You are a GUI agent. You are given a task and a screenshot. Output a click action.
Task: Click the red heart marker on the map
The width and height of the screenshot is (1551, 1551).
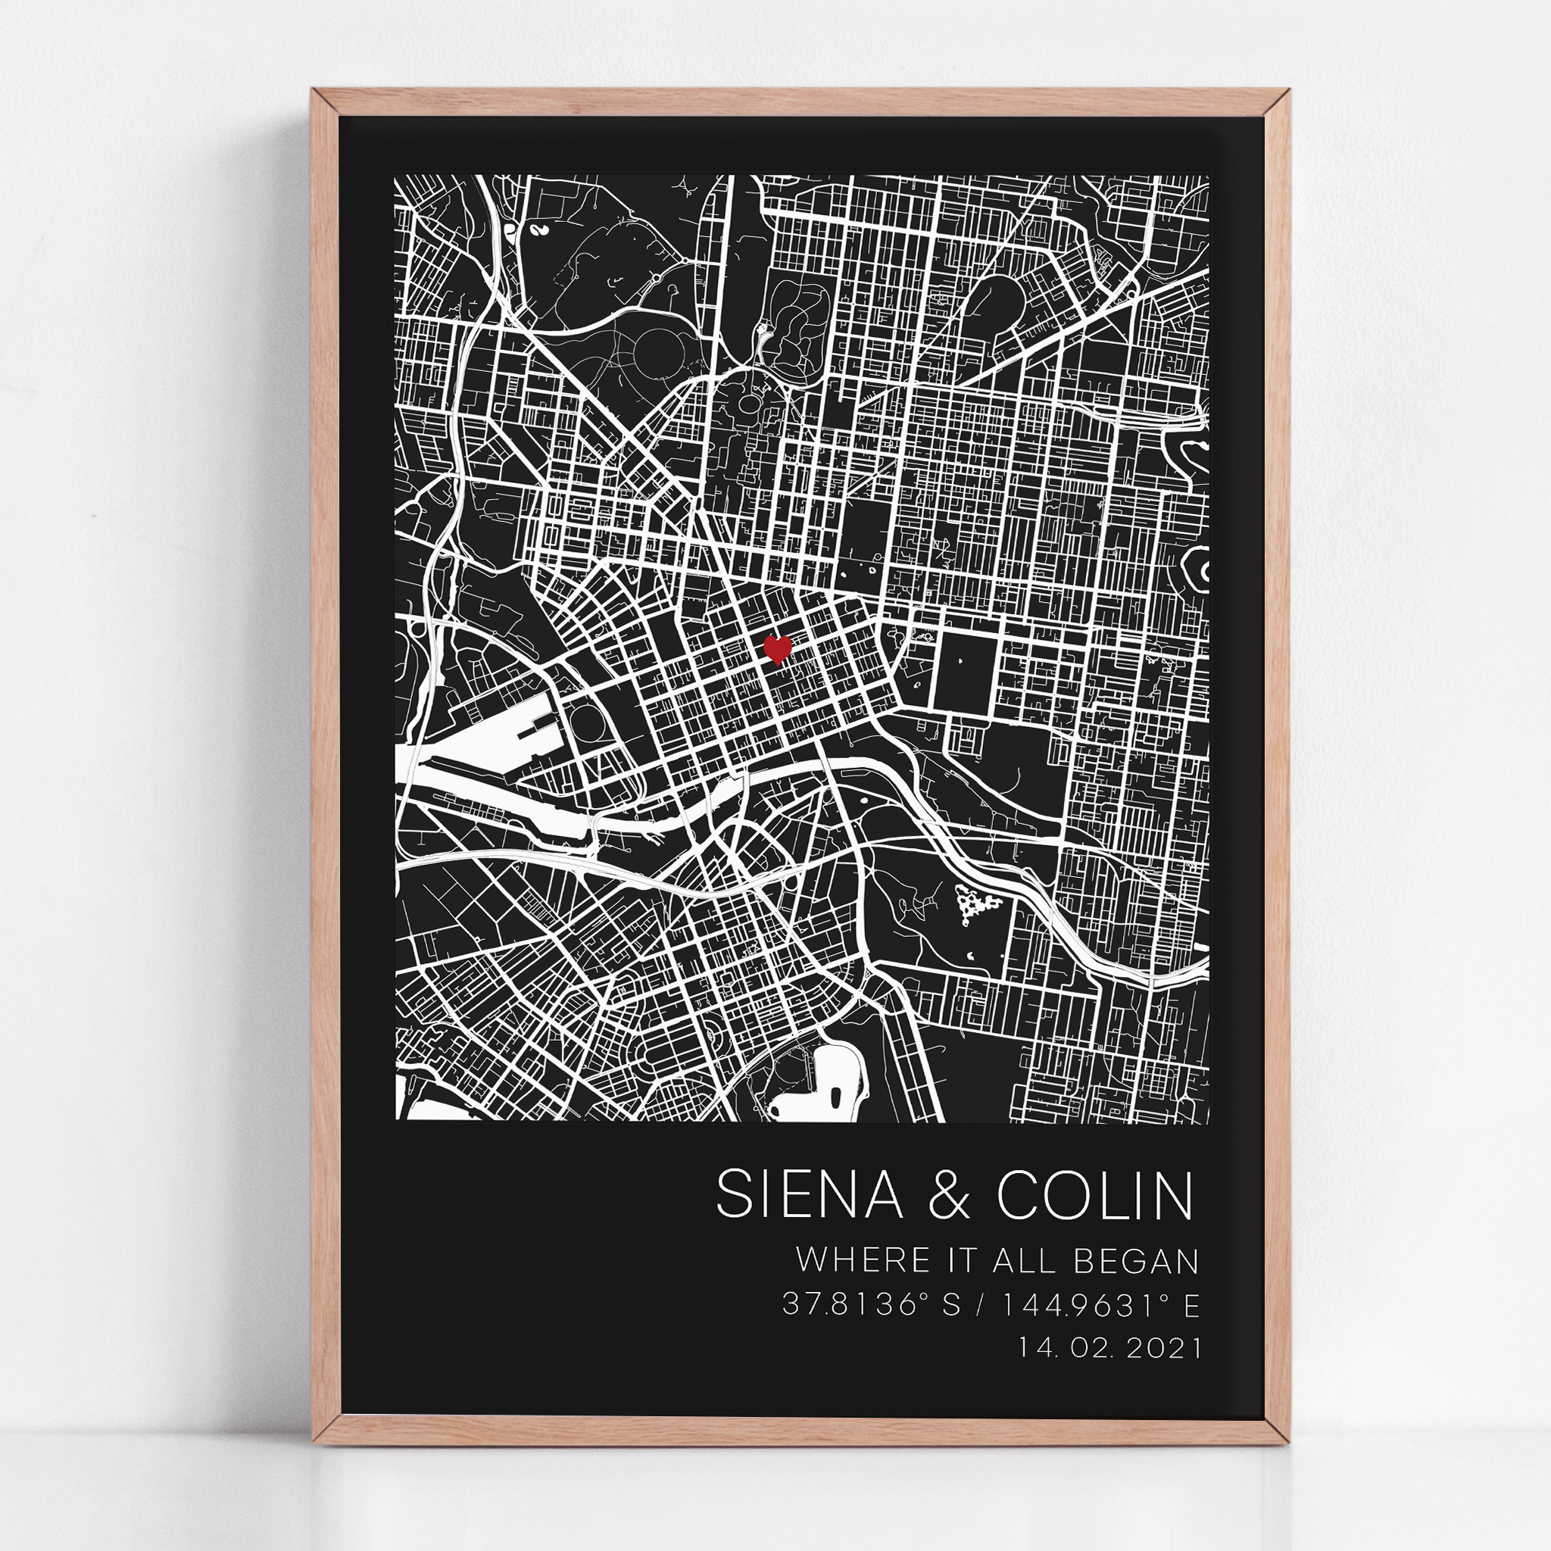coord(776,648)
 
